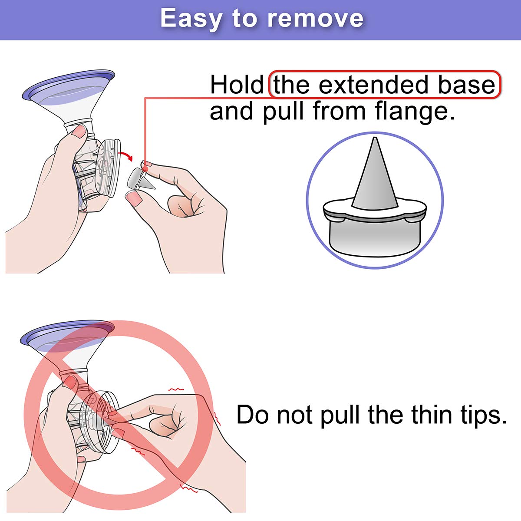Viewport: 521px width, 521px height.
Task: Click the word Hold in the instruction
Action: (x=237, y=84)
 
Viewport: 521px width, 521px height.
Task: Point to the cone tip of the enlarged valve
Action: (x=375, y=138)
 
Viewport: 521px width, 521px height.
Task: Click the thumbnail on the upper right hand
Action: (x=134, y=198)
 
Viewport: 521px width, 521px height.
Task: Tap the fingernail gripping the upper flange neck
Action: (x=79, y=132)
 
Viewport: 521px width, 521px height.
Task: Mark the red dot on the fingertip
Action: (x=146, y=169)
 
